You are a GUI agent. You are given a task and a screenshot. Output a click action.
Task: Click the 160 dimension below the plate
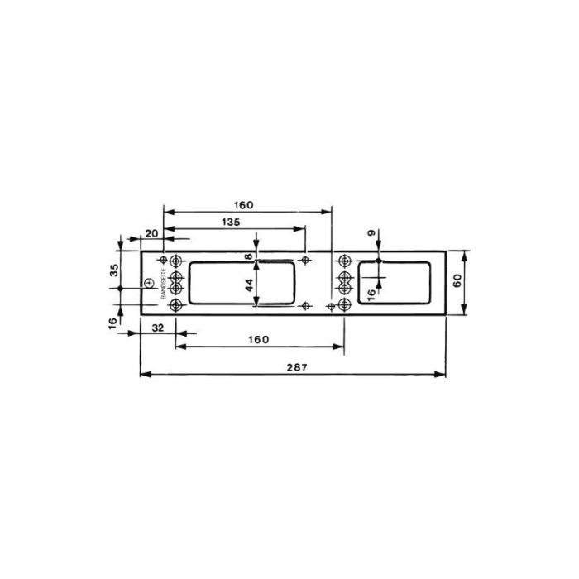(x=258, y=340)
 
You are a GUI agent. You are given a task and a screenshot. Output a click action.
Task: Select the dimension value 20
(x=151, y=234)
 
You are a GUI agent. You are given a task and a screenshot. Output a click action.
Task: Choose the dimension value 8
(x=247, y=257)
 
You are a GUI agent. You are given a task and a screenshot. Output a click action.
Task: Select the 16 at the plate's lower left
(x=113, y=323)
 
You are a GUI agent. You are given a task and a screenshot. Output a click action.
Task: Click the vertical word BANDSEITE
(x=164, y=285)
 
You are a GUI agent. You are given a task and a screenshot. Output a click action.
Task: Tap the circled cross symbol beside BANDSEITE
(x=149, y=283)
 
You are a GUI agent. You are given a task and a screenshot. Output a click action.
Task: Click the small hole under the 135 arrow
(x=307, y=261)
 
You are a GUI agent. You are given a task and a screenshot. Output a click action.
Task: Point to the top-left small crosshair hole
(x=163, y=261)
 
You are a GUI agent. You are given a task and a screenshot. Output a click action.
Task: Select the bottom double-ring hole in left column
(x=175, y=306)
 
